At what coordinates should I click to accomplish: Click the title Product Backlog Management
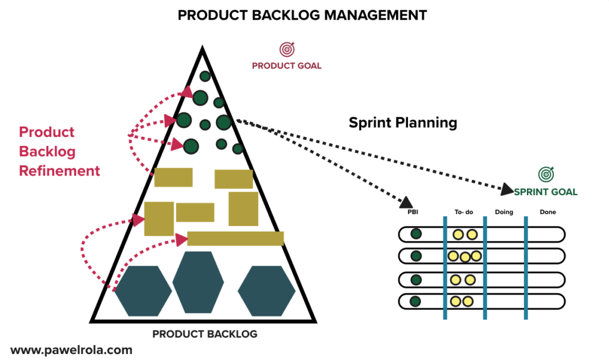click(302, 15)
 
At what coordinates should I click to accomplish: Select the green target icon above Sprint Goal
click(545, 174)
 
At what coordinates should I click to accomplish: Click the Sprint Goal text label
click(545, 192)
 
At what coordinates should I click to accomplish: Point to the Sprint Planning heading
click(403, 123)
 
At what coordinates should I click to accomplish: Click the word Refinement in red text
click(59, 171)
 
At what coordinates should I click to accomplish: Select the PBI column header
click(412, 212)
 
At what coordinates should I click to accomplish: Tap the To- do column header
click(464, 212)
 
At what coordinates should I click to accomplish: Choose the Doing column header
click(504, 212)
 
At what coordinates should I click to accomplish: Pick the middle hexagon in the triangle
click(198, 282)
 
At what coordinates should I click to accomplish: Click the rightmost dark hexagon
click(266, 290)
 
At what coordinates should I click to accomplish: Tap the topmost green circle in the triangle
click(205, 76)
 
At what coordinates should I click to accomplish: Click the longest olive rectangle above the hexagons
click(235, 239)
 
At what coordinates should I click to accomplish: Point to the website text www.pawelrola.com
click(71, 350)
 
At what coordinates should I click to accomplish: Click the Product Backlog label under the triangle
click(205, 334)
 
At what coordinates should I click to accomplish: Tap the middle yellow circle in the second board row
click(464, 257)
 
